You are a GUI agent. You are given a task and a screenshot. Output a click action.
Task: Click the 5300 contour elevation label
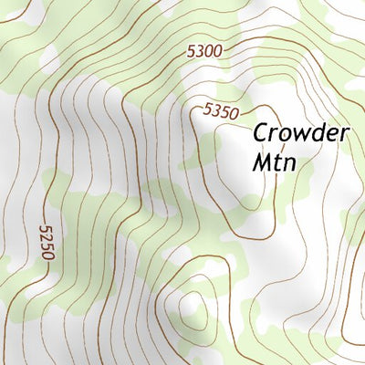[204, 52]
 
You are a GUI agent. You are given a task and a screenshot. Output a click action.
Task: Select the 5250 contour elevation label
[47, 241]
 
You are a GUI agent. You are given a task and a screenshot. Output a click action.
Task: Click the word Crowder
[301, 132]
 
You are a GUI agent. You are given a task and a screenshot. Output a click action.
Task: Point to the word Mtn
[275, 162]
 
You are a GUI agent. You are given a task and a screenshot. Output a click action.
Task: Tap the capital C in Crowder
[261, 132]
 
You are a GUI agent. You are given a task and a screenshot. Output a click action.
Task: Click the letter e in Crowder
[330, 134]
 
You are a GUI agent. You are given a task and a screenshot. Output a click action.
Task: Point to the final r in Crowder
[343, 134]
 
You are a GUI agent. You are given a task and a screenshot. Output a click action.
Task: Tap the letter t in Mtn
[276, 162]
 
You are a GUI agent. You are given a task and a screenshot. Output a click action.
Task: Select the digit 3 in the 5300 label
[200, 53]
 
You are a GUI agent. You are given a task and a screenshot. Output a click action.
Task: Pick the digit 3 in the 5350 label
[216, 110]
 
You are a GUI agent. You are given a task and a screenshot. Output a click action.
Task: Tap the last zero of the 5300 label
[217, 51]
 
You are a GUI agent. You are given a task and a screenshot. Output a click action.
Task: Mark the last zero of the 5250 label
[47, 228]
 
